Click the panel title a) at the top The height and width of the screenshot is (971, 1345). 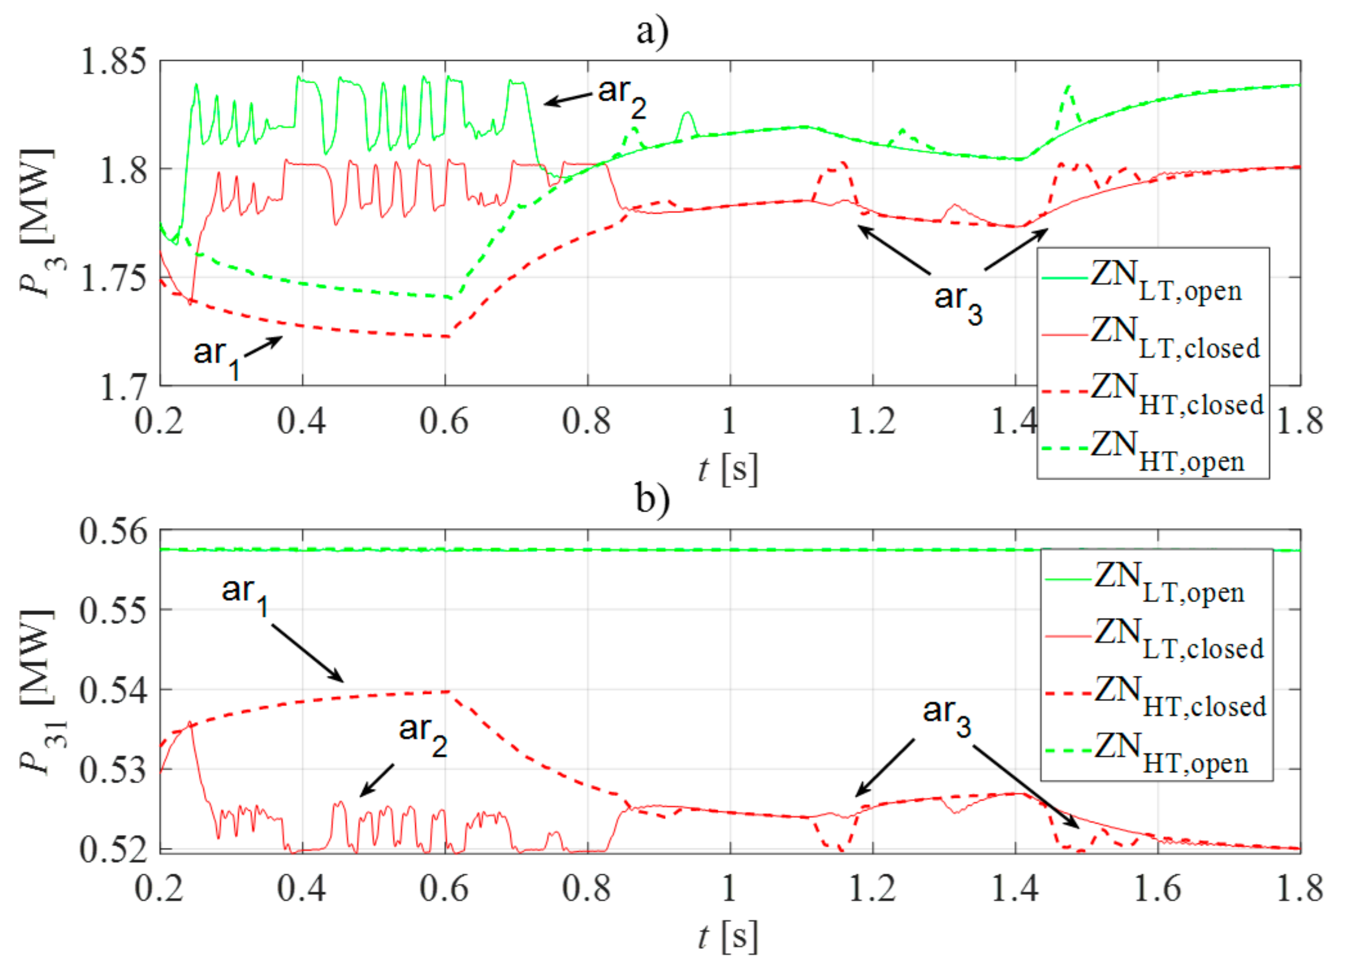(652, 31)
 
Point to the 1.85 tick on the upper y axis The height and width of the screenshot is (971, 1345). (113, 61)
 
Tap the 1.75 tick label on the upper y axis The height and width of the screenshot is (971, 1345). (113, 278)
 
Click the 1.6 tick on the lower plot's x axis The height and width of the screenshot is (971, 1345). (1157, 889)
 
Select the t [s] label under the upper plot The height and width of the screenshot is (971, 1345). (728, 469)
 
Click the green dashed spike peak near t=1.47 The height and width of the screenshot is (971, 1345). (1068, 87)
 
